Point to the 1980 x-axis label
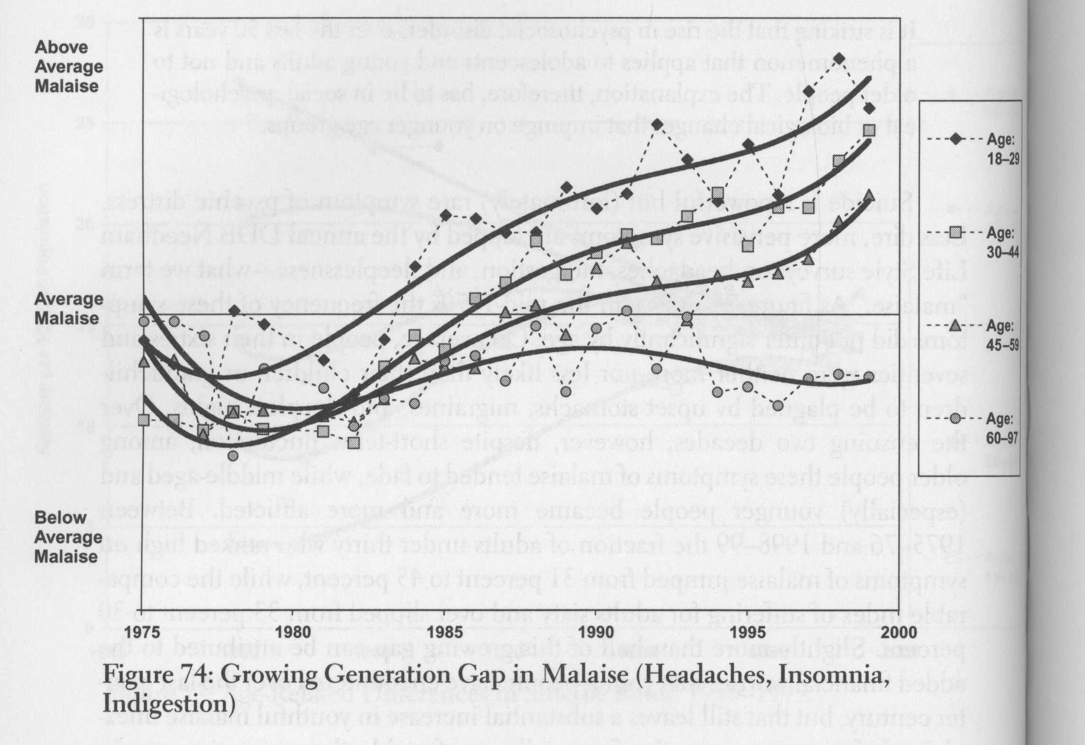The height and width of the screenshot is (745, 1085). pos(294,633)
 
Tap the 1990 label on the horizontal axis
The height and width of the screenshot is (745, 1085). pos(596,633)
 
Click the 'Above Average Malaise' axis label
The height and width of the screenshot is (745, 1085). pos(68,67)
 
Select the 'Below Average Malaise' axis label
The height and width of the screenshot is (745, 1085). pos(68,537)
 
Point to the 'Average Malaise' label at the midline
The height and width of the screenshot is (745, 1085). pos(68,309)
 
